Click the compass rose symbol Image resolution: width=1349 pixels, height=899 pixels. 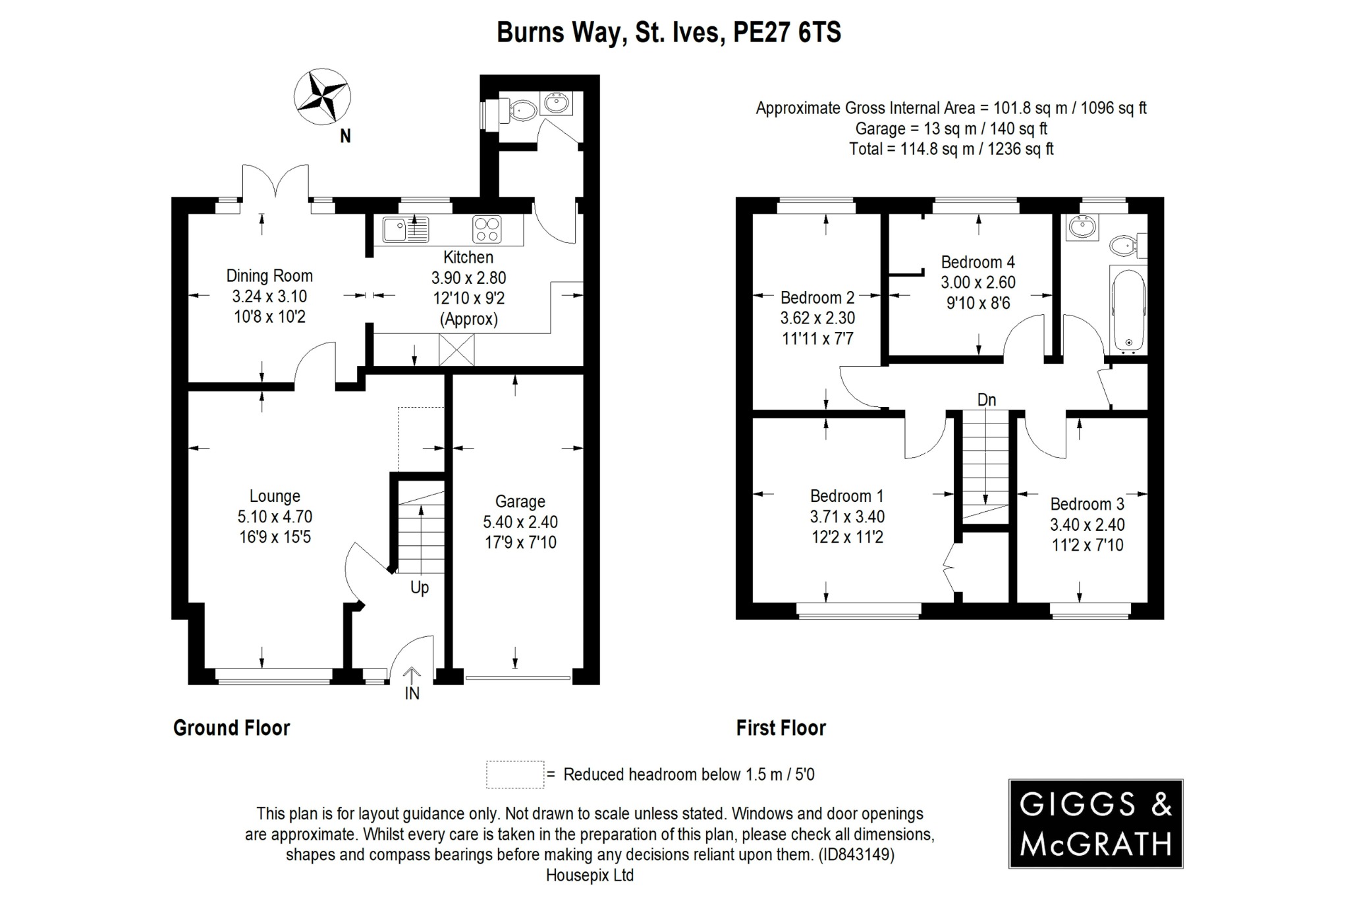pos(321,97)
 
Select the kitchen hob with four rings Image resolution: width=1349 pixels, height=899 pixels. pos(487,229)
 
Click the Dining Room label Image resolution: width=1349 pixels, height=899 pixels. pos(269,276)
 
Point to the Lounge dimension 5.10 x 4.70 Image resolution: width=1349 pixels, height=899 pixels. pos(275,517)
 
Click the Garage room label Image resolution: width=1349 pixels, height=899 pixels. pos(520,502)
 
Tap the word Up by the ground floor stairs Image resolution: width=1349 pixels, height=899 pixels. pos(420,587)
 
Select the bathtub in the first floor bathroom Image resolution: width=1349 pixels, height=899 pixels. pos(1128,310)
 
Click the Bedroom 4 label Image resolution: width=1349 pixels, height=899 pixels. pos(977,262)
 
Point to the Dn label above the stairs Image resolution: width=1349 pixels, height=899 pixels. pos(986,400)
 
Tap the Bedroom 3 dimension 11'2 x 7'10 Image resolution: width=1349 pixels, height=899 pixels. pos(1087,545)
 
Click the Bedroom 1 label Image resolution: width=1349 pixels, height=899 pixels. pos(846,496)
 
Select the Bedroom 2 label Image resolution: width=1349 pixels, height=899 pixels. pos(817,298)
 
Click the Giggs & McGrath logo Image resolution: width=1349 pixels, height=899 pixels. pos(1095,823)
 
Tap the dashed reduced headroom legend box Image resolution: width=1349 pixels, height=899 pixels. pos(515,775)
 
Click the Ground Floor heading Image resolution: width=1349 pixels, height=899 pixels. pos(231,728)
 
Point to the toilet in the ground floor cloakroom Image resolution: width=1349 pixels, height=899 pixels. pos(524,111)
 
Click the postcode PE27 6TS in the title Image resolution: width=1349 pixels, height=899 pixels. pos(787,32)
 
